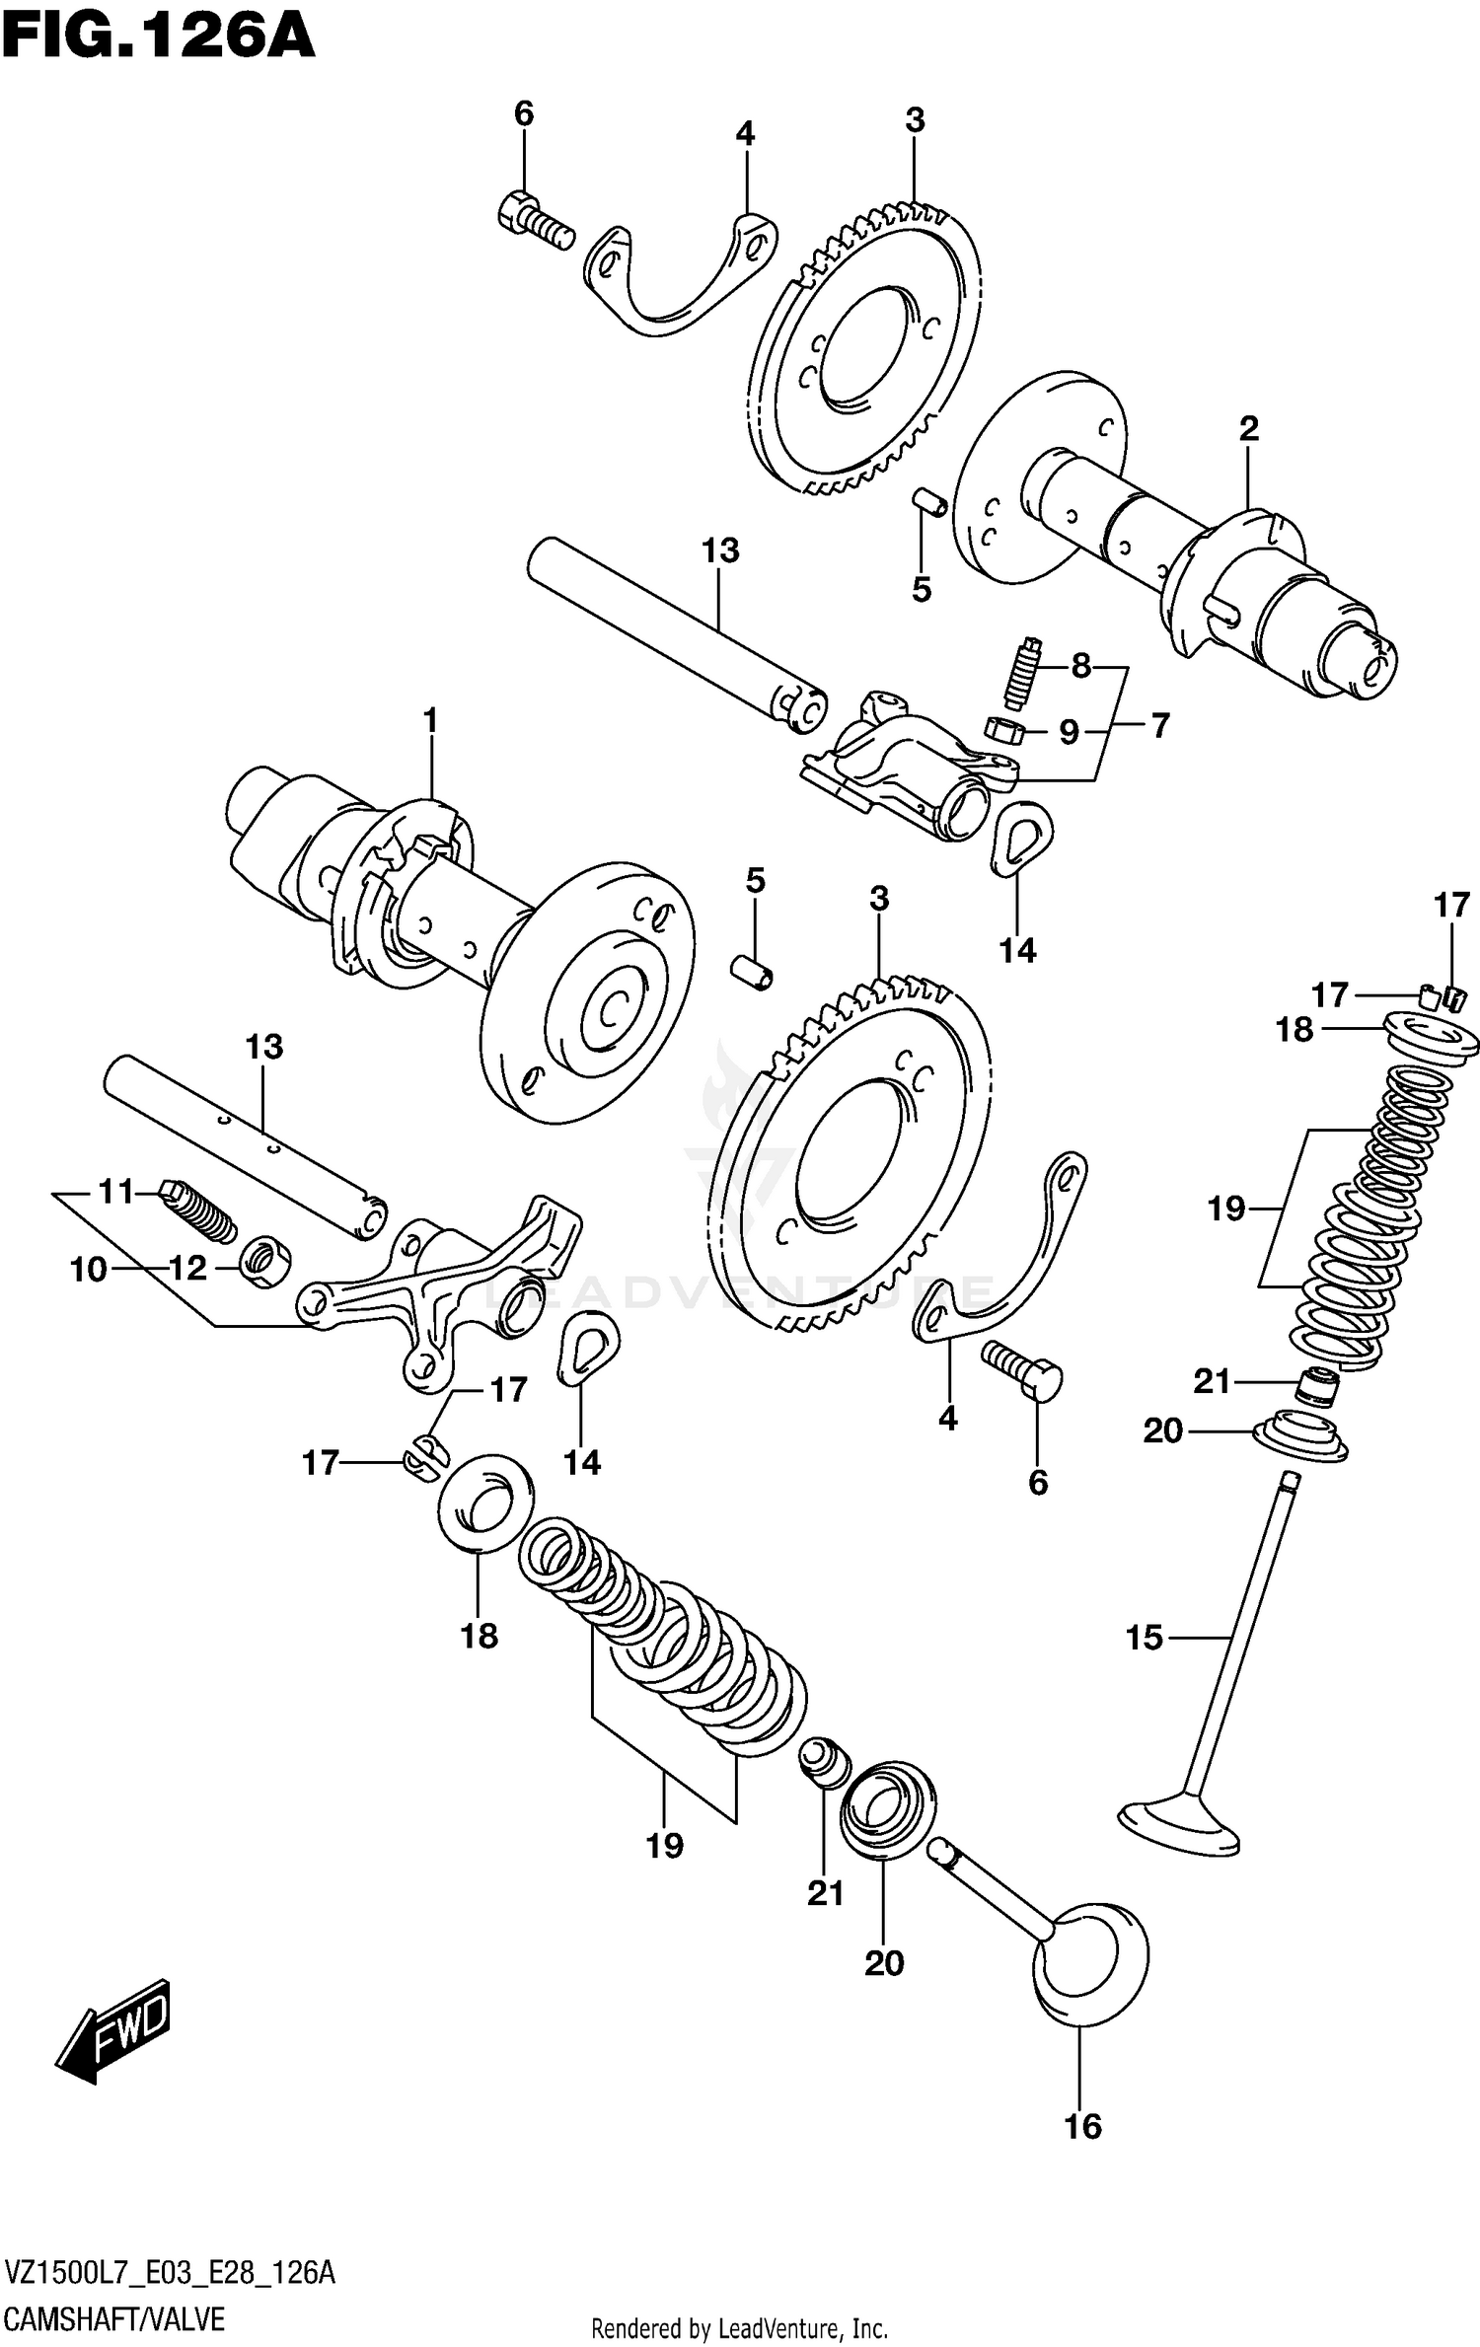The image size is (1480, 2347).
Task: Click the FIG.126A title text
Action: tap(158, 39)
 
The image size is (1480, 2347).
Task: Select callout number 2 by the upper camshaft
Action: tap(1248, 429)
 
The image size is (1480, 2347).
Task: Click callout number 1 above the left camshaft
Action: tap(430, 721)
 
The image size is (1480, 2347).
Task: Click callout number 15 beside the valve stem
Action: tap(1145, 1638)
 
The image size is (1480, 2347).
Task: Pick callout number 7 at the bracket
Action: tap(1159, 726)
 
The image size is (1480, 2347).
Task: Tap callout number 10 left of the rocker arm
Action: tap(88, 1269)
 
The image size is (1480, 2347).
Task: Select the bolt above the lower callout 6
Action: tap(1021, 1369)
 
